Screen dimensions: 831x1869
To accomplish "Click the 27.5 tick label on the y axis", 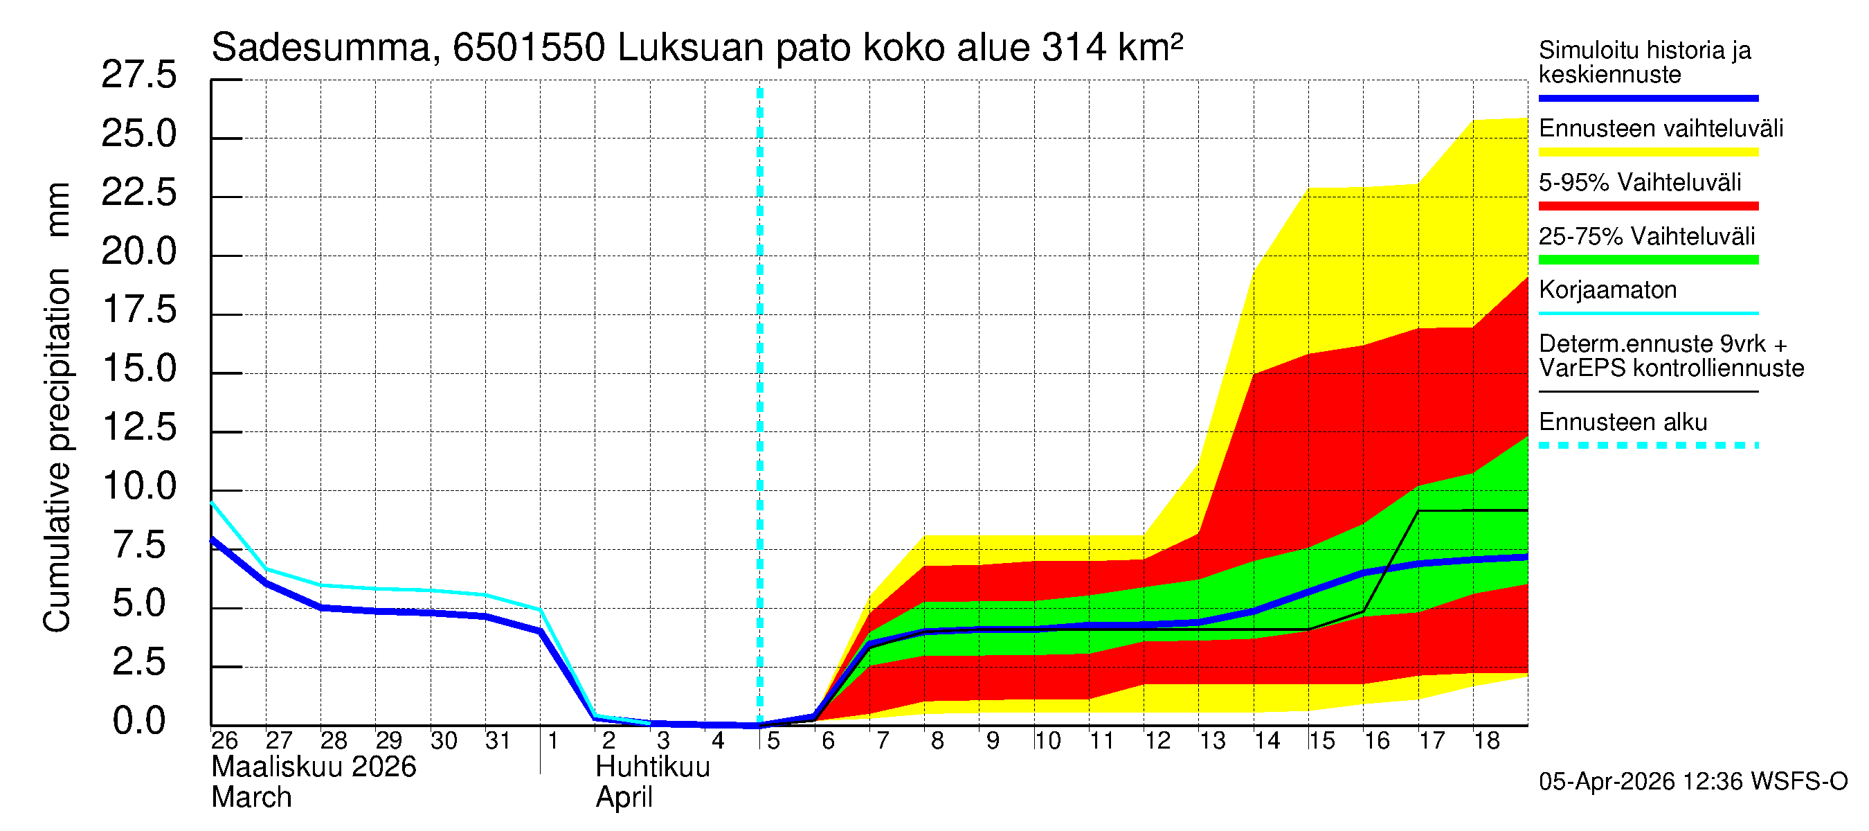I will click(138, 75).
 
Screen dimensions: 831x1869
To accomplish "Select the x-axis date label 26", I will click(224, 741).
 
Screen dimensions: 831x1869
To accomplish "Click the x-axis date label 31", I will click(498, 741).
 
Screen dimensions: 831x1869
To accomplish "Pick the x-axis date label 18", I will click(1486, 741).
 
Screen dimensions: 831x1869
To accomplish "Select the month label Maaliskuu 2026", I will click(314, 767).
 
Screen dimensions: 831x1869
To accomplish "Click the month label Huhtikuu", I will click(652, 767).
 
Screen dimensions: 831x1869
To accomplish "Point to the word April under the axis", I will click(624, 798).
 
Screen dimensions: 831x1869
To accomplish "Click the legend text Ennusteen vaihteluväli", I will click(1660, 129).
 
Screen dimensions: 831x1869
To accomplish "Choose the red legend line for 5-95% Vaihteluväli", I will click(1647, 206).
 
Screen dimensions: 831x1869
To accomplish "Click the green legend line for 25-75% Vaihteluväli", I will click(1647, 260).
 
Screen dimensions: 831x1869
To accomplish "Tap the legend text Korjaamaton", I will click(1607, 290).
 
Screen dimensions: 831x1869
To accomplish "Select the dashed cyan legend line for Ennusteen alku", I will click(1647, 445).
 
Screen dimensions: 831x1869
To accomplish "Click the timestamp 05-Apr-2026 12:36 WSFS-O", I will click(1692, 782).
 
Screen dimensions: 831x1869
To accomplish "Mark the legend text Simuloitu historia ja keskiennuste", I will click(1644, 62).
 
